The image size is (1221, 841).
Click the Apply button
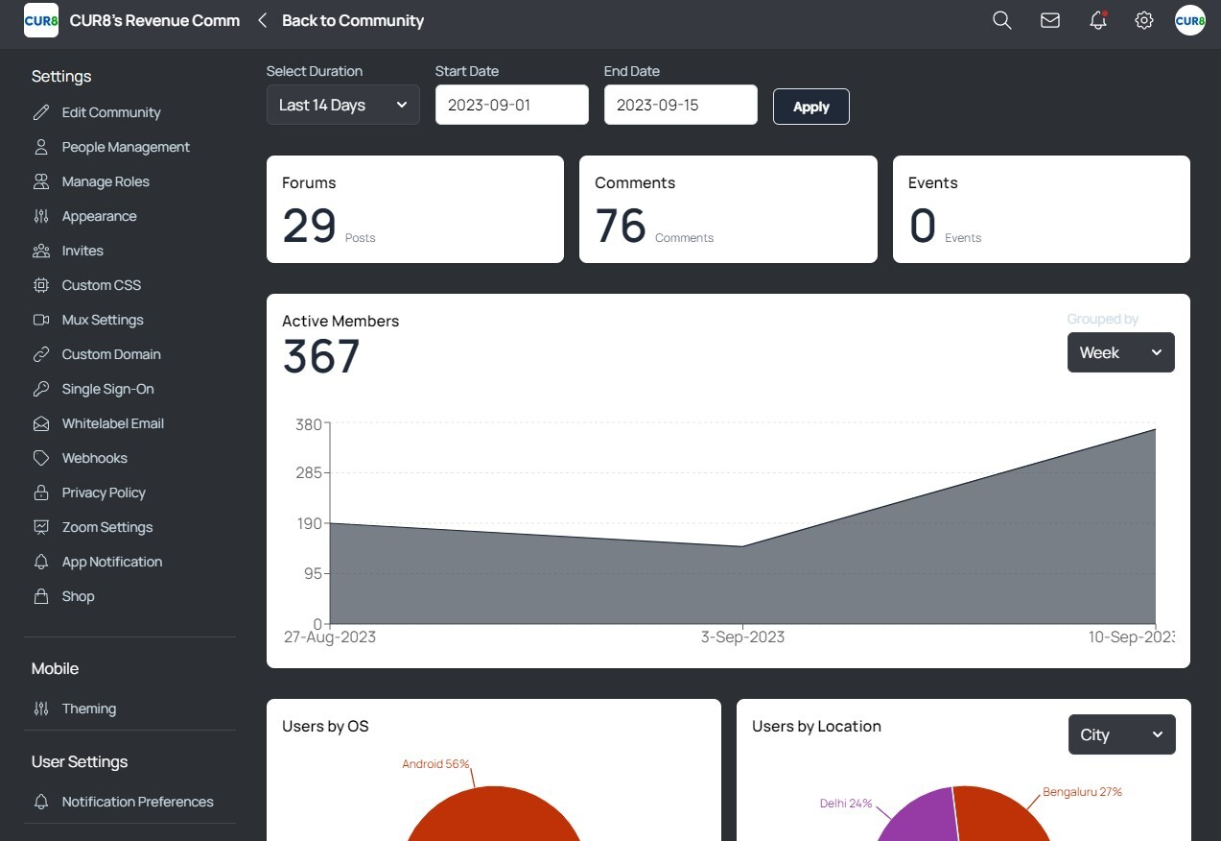(x=810, y=107)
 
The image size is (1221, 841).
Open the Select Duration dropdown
(x=342, y=105)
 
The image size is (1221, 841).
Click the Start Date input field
(x=511, y=105)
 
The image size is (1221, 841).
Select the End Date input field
(x=680, y=105)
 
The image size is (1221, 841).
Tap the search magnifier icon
(x=1001, y=20)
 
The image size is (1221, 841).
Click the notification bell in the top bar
(x=1098, y=20)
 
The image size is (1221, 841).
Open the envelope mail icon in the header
(x=1050, y=20)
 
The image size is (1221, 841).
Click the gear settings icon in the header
(x=1143, y=20)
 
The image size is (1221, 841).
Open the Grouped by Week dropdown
(x=1120, y=352)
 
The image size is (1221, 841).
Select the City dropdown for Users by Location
(x=1121, y=734)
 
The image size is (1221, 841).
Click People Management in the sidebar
(x=126, y=147)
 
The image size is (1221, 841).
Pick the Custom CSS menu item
(x=101, y=285)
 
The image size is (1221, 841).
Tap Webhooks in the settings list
(x=94, y=458)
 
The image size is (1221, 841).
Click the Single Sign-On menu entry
(x=107, y=389)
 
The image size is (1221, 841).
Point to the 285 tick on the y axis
(x=309, y=472)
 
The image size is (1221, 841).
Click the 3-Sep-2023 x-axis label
(x=742, y=637)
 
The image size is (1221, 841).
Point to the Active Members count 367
(x=321, y=357)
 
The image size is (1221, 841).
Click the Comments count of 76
(x=621, y=227)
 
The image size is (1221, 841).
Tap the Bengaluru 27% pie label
(x=1082, y=792)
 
